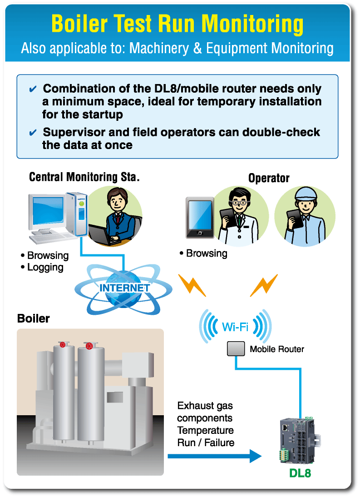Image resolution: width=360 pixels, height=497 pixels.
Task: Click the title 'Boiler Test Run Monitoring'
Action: coord(178,24)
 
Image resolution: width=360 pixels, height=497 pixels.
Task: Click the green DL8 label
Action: coord(300,473)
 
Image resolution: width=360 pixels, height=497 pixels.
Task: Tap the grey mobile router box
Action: coord(236,349)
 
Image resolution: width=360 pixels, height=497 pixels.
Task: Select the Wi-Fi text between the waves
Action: coord(235,326)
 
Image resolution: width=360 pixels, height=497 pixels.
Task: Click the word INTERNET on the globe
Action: coord(124,288)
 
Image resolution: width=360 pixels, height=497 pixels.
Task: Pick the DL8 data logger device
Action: coord(298,441)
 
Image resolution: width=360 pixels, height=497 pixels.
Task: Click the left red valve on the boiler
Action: coord(63,345)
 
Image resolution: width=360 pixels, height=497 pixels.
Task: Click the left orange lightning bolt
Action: coord(192,284)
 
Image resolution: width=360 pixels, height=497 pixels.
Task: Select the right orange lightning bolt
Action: coord(264,284)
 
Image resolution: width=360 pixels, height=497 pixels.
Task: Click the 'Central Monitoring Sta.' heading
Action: coord(84,177)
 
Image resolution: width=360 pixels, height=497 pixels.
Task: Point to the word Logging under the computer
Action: coord(45,267)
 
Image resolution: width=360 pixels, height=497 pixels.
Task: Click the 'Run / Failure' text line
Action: coord(206,442)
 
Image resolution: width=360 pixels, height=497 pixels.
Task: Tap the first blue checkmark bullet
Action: coord(33,89)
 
